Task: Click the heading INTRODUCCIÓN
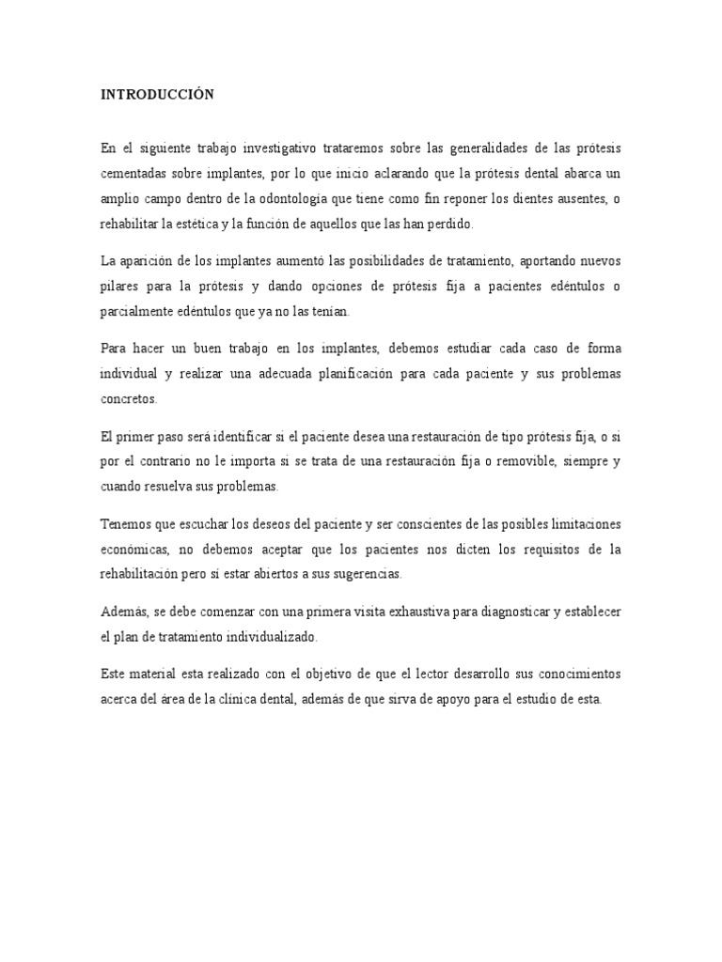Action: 157,94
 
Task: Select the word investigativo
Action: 288,149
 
